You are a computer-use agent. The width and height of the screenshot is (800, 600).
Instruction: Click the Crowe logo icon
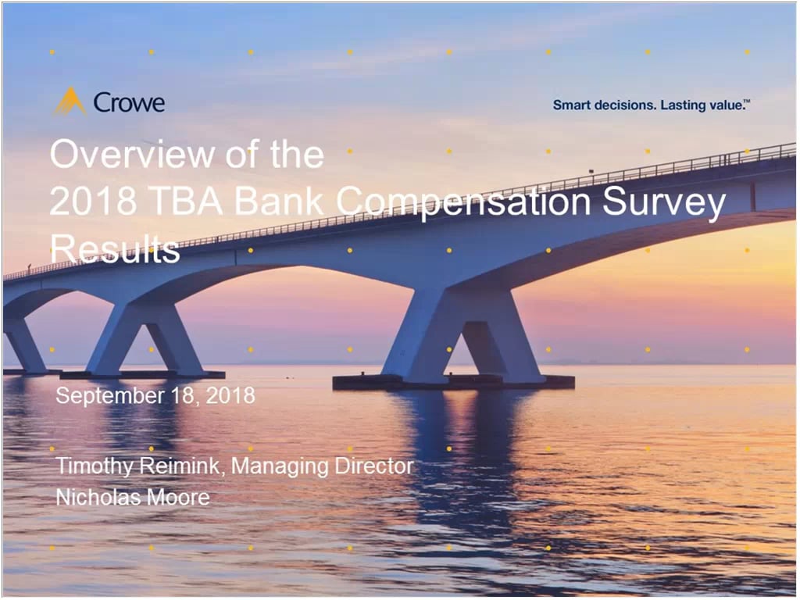tap(70, 102)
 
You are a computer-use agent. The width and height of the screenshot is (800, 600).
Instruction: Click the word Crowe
tap(129, 102)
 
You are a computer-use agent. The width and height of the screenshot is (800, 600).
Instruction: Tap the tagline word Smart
tap(571, 105)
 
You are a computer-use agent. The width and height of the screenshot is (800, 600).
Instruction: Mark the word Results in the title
tap(115, 250)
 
